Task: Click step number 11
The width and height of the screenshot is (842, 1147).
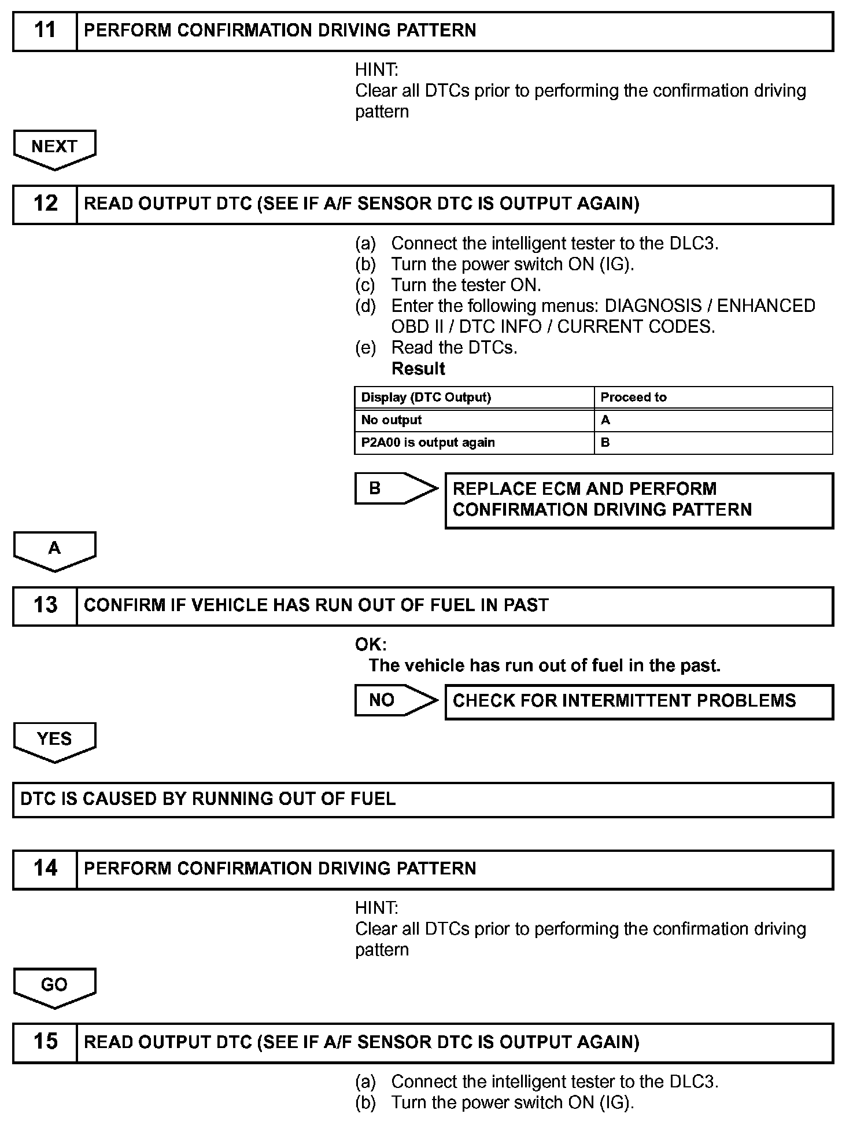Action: coord(45,30)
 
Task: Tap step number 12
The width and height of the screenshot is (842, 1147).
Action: coord(45,204)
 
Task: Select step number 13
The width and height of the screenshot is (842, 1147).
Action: coord(45,605)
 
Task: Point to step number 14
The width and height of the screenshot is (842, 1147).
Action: coord(45,868)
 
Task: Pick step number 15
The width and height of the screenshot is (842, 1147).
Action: coord(45,1042)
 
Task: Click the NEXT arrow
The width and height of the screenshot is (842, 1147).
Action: coord(54,148)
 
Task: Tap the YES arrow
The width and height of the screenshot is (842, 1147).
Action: coord(54,740)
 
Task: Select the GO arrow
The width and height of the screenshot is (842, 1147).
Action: coord(54,986)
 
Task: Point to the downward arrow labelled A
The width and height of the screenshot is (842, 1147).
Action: coord(54,550)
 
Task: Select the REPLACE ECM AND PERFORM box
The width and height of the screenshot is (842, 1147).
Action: coord(638,500)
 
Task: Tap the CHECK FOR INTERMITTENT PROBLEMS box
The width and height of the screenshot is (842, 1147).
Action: coord(638,701)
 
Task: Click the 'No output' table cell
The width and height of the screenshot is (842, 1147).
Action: coord(474,420)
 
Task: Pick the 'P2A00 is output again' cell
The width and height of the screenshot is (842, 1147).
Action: coord(474,443)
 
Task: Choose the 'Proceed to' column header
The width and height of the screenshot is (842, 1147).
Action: coord(712,398)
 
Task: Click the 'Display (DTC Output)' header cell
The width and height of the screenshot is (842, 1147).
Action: coord(474,398)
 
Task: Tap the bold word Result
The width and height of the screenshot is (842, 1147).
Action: coord(418,369)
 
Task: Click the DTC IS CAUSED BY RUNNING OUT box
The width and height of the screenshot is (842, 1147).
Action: coord(422,799)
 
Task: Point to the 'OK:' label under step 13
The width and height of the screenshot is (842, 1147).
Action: coord(371,644)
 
